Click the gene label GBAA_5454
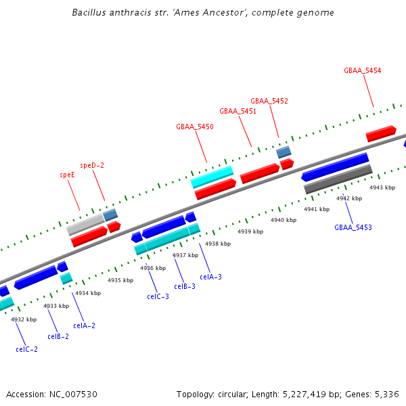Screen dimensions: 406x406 362,70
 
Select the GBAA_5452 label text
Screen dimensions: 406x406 269,101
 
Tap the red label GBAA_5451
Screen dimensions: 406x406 238,111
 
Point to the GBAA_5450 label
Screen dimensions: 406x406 195,127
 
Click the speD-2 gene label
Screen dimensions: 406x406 92,165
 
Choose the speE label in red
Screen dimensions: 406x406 67,175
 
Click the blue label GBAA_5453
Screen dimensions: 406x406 353,227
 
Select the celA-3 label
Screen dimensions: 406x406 210,277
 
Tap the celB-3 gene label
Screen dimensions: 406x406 184,286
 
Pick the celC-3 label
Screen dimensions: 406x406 158,296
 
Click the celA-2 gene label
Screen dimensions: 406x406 84,325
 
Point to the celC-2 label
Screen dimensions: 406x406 26,349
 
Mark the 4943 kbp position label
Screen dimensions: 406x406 382,187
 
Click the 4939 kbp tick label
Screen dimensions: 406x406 250,231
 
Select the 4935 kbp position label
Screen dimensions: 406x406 120,280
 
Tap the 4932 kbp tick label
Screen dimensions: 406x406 22,319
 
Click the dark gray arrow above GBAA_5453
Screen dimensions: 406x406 338,179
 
